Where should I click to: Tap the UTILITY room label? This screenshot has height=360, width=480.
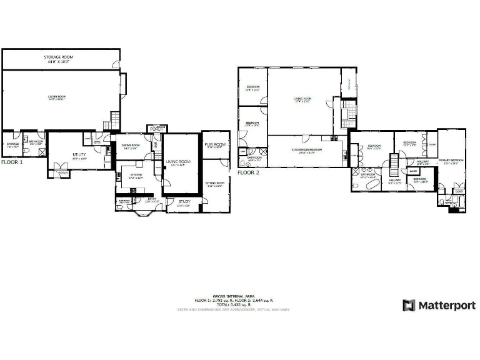click(x=79, y=154)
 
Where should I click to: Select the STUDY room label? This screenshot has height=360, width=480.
click(x=184, y=202)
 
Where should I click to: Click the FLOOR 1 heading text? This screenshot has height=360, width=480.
click(x=12, y=162)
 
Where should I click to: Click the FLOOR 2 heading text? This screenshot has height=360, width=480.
click(x=248, y=172)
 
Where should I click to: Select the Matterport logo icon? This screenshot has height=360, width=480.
click(x=409, y=306)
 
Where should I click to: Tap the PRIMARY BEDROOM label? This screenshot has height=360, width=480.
click(x=451, y=161)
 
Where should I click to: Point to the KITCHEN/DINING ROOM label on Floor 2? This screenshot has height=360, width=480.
click(x=306, y=150)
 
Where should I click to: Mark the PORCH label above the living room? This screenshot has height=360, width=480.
click(x=155, y=129)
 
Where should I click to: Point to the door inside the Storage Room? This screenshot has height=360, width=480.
click(x=116, y=64)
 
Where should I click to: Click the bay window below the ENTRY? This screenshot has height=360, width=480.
click(x=147, y=212)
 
